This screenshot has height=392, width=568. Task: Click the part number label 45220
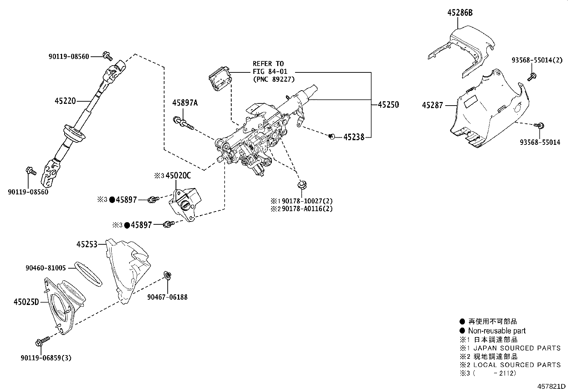coord(65,101)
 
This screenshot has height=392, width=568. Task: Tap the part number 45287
coord(432,105)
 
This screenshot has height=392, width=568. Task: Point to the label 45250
coord(388,105)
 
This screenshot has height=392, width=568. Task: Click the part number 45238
coord(354,137)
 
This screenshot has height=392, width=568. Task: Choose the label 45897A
coord(185,103)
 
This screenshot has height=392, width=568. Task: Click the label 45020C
coord(178,175)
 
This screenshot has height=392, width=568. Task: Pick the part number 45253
coord(87,244)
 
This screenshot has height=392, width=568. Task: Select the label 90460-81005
coord(46,268)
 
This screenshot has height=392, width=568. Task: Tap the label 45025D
coord(26,302)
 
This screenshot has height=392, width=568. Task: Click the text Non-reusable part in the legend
coord(497,331)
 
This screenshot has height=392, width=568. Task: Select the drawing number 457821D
coord(552,386)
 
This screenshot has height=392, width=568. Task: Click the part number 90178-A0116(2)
coord(307,209)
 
